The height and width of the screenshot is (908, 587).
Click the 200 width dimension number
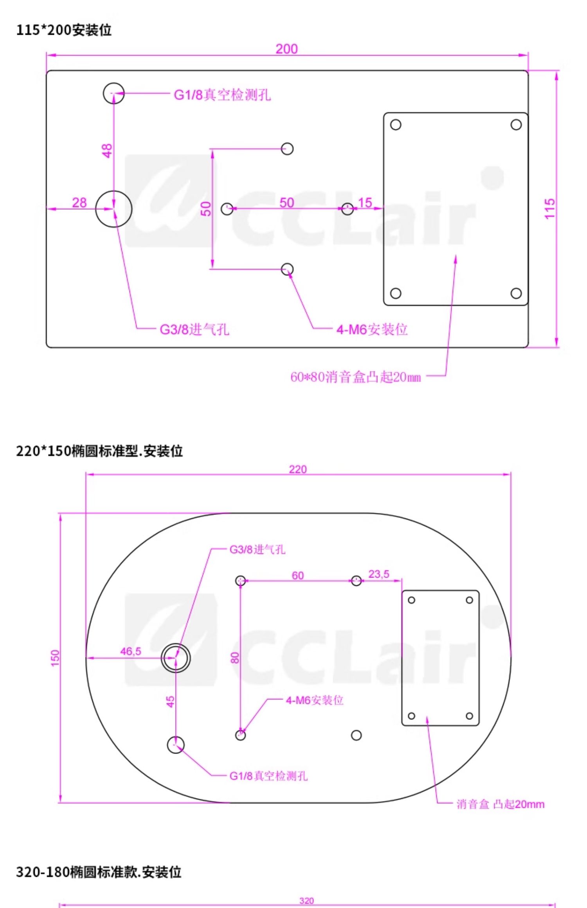pyautogui.click(x=286, y=49)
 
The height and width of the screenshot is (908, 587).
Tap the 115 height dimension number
pyautogui.click(x=550, y=208)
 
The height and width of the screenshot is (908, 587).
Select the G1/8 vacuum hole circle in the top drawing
pyautogui.click(x=113, y=93)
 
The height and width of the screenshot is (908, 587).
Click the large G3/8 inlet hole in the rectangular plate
pyautogui.click(x=113, y=209)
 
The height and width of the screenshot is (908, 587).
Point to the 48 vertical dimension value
pyautogui.click(x=107, y=151)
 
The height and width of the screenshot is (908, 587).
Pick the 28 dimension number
pyautogui.click(x=79, y=203)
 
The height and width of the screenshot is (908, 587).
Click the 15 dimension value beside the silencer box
pyautogui.click(x=365, y=203)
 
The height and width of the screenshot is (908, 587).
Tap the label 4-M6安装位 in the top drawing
pyautogui.click(x=372, y=329)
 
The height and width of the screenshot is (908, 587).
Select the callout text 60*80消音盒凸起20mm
pyautogui.click(x=355, y=377)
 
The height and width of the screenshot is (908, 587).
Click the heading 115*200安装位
pyautogui.click(x=64, y=30)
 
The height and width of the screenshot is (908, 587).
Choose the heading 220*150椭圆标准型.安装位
pyautogui.click(x=99, y=451)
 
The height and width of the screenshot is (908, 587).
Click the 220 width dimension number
pyautogui.click(x=298, y=469)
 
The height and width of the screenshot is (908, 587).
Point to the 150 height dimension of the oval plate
pyautogui.click(x=55, y=657)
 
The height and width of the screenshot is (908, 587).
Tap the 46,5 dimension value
pyautogui.click(x=130, y=651)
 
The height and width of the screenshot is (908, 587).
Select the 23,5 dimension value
pyautogui.click(x=379, y=574)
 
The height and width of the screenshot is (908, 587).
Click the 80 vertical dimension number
pyautogui.click(x=235, y=658)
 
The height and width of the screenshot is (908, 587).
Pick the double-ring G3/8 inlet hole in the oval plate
pyautogui.click(x=176, y=658)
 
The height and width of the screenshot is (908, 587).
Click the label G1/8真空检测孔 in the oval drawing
pyautogui.click(x=268, y=776)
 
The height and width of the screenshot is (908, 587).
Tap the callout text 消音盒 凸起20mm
pyautogui.click(x=501, y=804)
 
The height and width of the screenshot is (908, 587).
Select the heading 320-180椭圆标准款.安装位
pyautogui.click(x=99, y=872)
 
